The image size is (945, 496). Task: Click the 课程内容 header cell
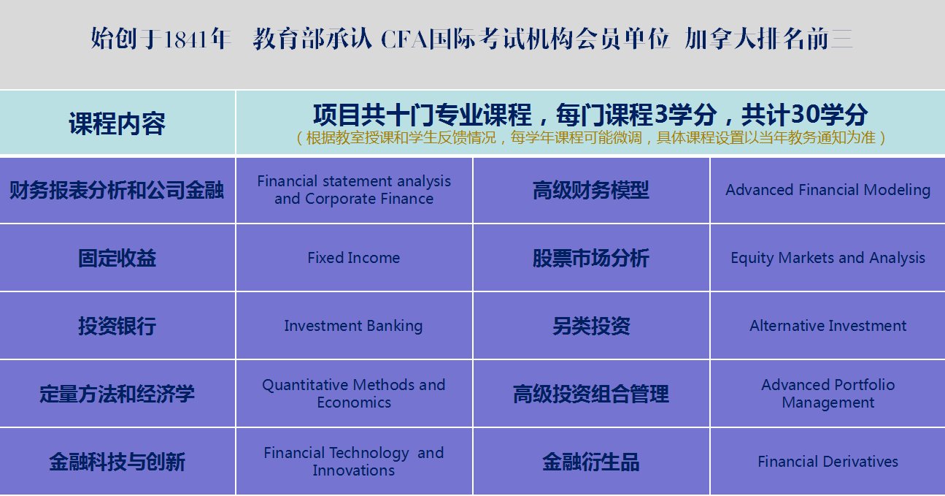[117, 123]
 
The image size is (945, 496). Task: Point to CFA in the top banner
[404, 39]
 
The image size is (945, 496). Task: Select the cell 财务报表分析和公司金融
[117, 190]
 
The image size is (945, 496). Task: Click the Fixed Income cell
[354, 258]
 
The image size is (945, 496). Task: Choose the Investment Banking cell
[354, 326]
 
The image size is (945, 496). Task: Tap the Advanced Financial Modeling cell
[828, 190]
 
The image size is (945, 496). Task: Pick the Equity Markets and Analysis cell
[828, 258]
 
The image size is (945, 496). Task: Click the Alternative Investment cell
[828, 326]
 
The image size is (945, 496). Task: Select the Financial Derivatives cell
[828, 462]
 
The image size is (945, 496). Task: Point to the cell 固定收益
[117, 258]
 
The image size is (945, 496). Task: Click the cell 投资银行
[117, 326]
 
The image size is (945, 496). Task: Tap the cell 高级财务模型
[591, 190]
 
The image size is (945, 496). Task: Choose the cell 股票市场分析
[591, 258]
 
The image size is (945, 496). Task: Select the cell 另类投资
[591, 326]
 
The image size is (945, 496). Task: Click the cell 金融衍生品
[591, 462]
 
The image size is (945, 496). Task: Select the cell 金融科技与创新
[117, 462]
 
